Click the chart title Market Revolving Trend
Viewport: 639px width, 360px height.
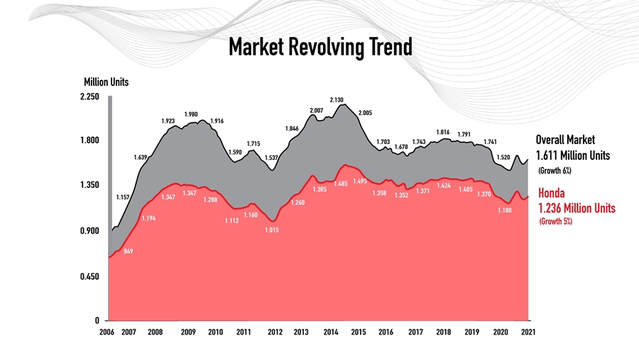[319, 48]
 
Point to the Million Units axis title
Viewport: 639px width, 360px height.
[106, 82]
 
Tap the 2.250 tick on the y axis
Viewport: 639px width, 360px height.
[89, 97]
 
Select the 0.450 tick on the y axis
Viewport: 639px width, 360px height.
[89, 276]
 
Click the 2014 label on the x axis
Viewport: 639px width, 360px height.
[330, 332]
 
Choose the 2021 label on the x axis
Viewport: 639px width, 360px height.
[528, 332]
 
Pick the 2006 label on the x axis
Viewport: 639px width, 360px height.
[106, 332]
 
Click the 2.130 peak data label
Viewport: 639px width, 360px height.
[337, 100]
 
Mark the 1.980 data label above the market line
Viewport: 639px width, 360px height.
[191, 114]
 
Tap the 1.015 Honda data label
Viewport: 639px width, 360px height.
[272, 230]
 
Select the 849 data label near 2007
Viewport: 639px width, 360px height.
[128, 251]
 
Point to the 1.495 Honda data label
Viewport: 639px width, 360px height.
[360, 182]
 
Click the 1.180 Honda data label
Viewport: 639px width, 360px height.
[504, 210]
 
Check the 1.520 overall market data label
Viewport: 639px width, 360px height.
[503, 157]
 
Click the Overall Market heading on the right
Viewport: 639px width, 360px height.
[565, 141]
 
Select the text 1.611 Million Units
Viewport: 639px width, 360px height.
[572, 156]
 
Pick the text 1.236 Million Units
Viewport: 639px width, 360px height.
[577, 208]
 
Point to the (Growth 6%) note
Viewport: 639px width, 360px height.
[555, 171]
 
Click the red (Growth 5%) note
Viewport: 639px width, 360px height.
[555, 222]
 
